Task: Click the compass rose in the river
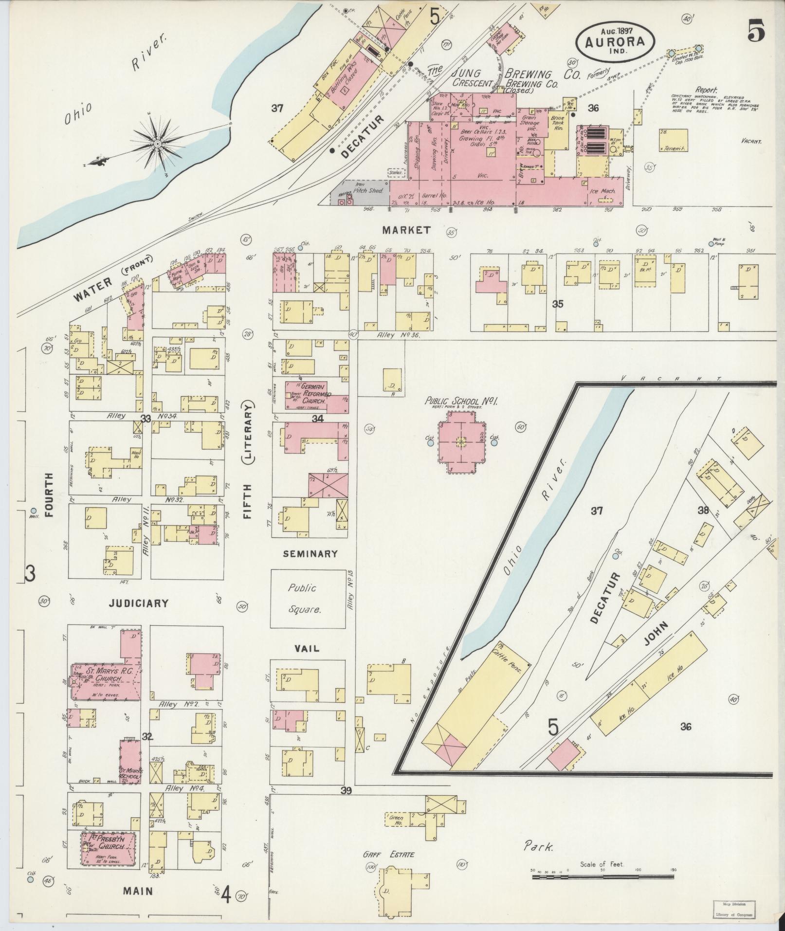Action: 158,144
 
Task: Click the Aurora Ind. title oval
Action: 615,43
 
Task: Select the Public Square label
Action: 304,598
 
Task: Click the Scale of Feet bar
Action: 603,876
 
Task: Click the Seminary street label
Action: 310,553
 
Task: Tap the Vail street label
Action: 307,648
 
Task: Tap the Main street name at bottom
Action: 138,892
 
